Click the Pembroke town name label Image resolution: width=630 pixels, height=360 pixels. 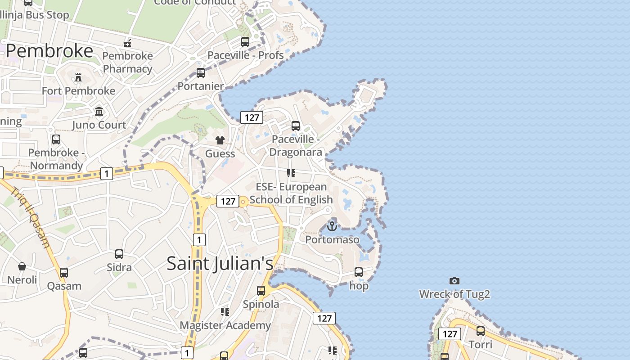(x=49, y=51)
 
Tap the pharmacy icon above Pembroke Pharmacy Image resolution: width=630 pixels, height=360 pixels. (x=127, y=43)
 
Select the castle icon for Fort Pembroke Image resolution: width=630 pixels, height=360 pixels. (x=78, y=77)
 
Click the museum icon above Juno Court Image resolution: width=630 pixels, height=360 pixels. (x=99, y=111)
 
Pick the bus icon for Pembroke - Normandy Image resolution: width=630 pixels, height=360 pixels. (x=56, y=139)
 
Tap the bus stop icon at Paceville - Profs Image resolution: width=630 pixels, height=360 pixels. (x=245, y=42)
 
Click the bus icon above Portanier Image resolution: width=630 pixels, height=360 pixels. (x=201, y=72)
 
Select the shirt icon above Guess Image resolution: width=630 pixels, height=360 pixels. (x=220, y=140)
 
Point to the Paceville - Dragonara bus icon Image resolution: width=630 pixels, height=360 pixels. (x=296, y=126)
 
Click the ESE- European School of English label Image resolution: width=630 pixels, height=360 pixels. (x=291, y=193)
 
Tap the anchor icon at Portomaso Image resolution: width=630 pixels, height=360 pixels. (x=332, y=226)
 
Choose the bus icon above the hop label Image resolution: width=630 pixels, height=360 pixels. (x=359, y=272)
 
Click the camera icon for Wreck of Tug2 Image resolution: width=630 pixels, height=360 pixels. (x=454, y=281)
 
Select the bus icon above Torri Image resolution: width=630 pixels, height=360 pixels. (x=481, y=331)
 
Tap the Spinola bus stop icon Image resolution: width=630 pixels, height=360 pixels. (x=261, y=291)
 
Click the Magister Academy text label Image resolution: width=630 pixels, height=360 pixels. (x=225, y=325)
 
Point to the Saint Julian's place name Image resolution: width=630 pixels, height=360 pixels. (x=220, y=263)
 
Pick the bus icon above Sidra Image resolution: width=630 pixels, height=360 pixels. (x=119, y=254)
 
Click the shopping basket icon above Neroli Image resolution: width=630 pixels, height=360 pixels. (x=22, y=266)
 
